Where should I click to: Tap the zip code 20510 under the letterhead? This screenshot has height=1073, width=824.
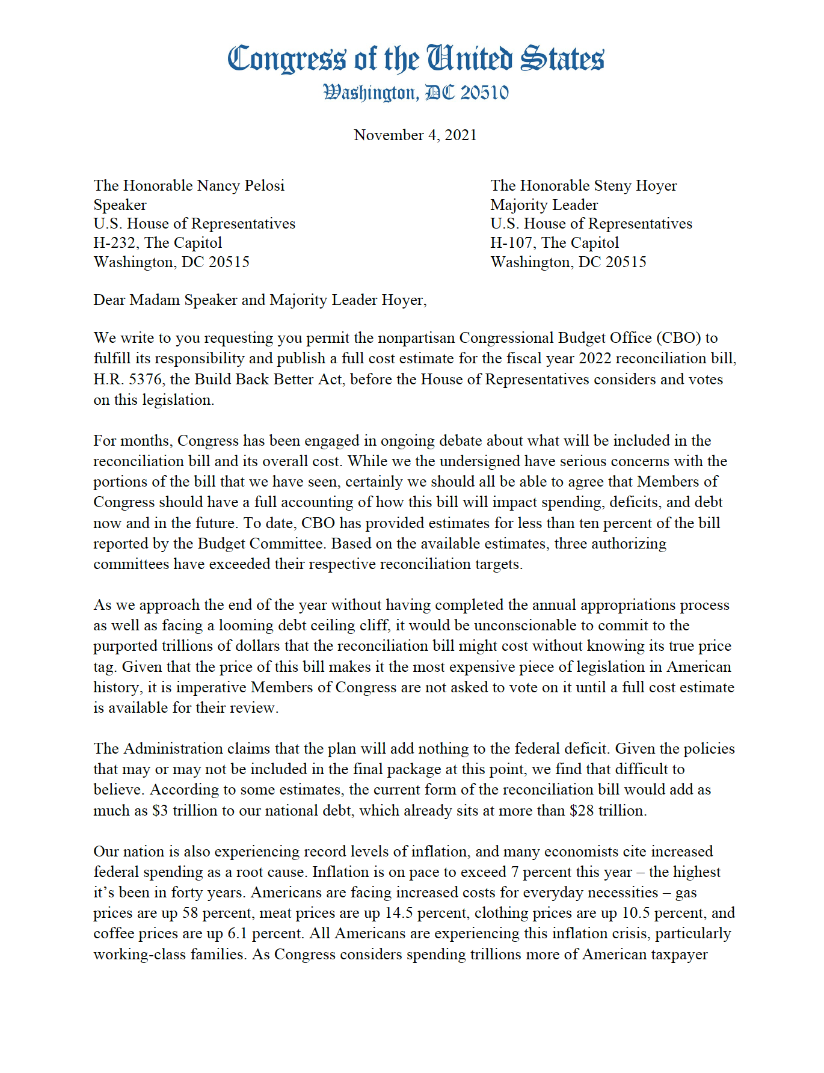click(484, 93)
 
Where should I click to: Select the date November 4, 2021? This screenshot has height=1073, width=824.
click(415, 135)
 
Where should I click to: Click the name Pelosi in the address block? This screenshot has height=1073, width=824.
click(260, 185)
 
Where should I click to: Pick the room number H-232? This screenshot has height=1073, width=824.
click(114, 243)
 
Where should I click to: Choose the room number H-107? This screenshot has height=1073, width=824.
click(511, 243)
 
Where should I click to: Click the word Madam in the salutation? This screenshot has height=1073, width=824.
click(155, 300)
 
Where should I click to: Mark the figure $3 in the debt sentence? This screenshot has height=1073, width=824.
click(160, 811)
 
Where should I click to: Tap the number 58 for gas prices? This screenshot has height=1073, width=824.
click(190, 913)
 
